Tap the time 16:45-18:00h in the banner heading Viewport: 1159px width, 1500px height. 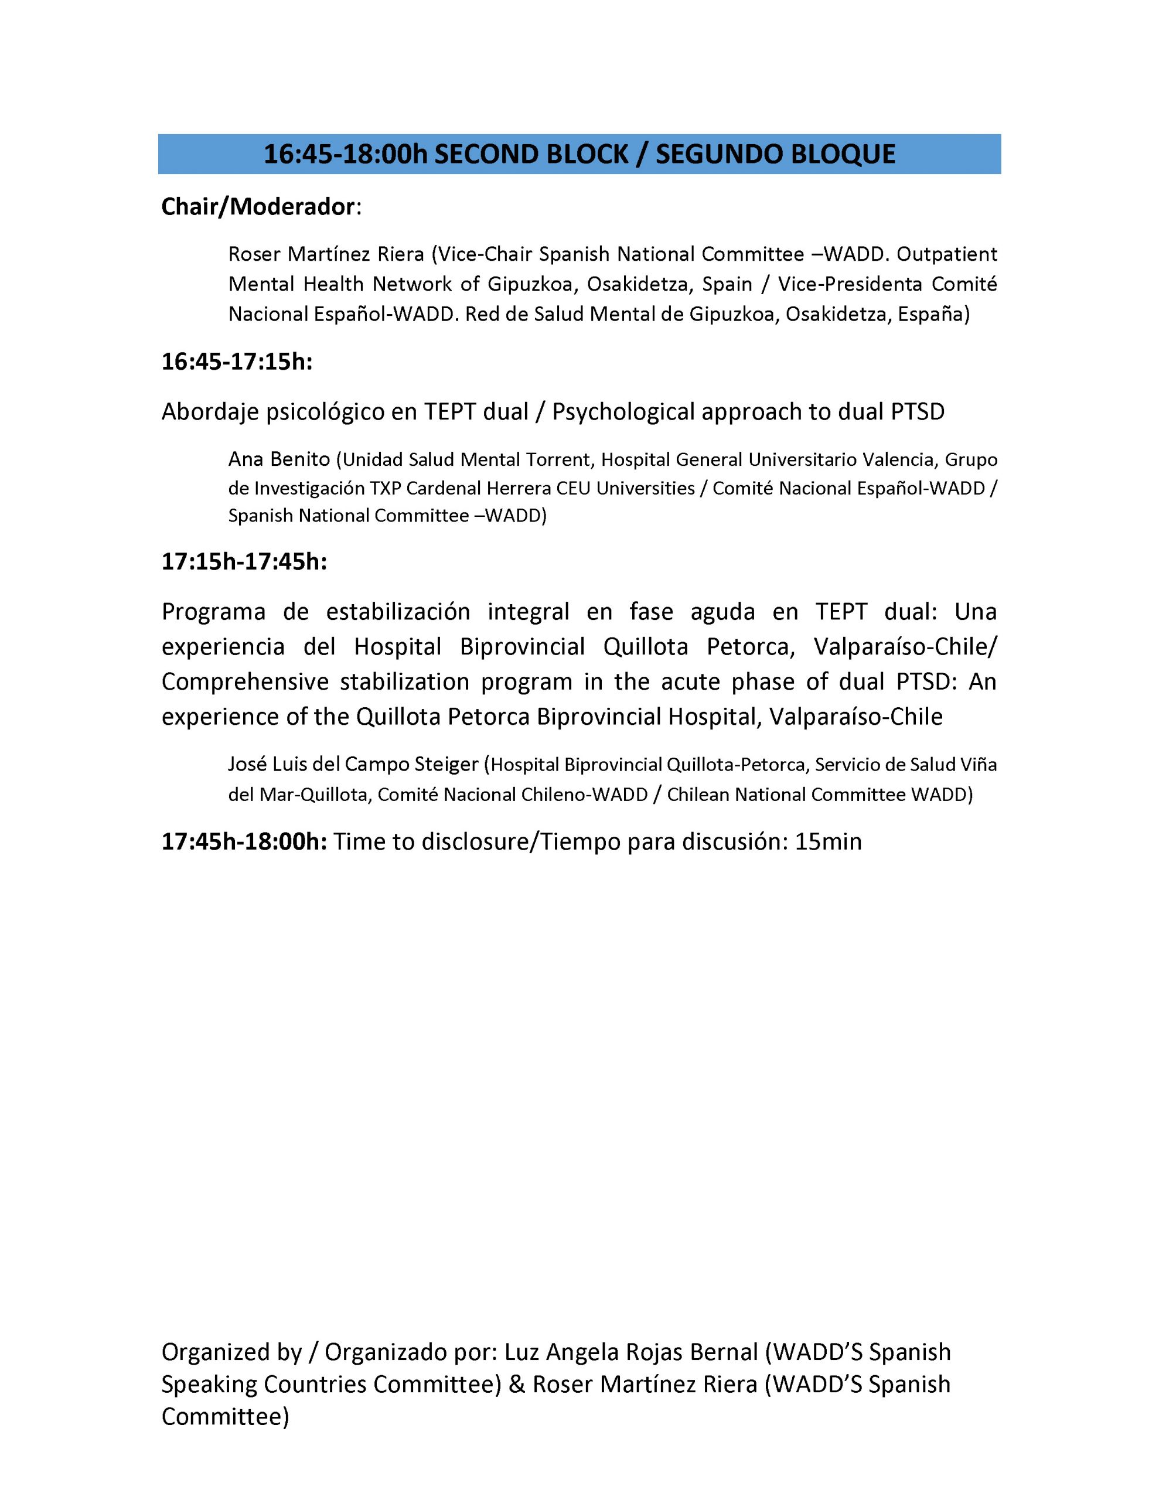click(345, 154)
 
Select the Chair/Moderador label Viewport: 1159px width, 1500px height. click(258, 207)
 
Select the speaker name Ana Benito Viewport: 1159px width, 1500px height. click(279, 459)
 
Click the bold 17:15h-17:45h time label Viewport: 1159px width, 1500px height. click(244, 562)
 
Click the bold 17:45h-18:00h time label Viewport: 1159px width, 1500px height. click(244, 841)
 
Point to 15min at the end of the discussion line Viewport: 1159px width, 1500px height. click(828, 841)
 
